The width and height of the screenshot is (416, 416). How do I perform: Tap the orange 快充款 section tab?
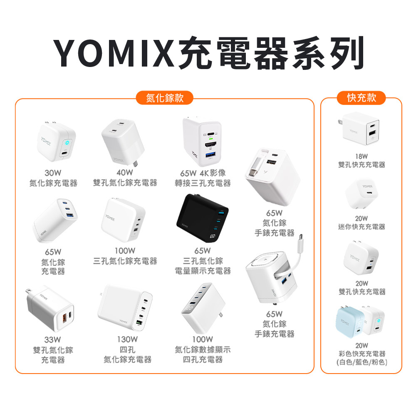[x=361, y=98]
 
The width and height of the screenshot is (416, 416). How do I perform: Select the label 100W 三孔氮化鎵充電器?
[x=125, y=256]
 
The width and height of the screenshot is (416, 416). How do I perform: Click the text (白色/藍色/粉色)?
[x=362, y=363]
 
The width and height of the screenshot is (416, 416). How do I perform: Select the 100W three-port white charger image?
[x=124, y=218]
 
